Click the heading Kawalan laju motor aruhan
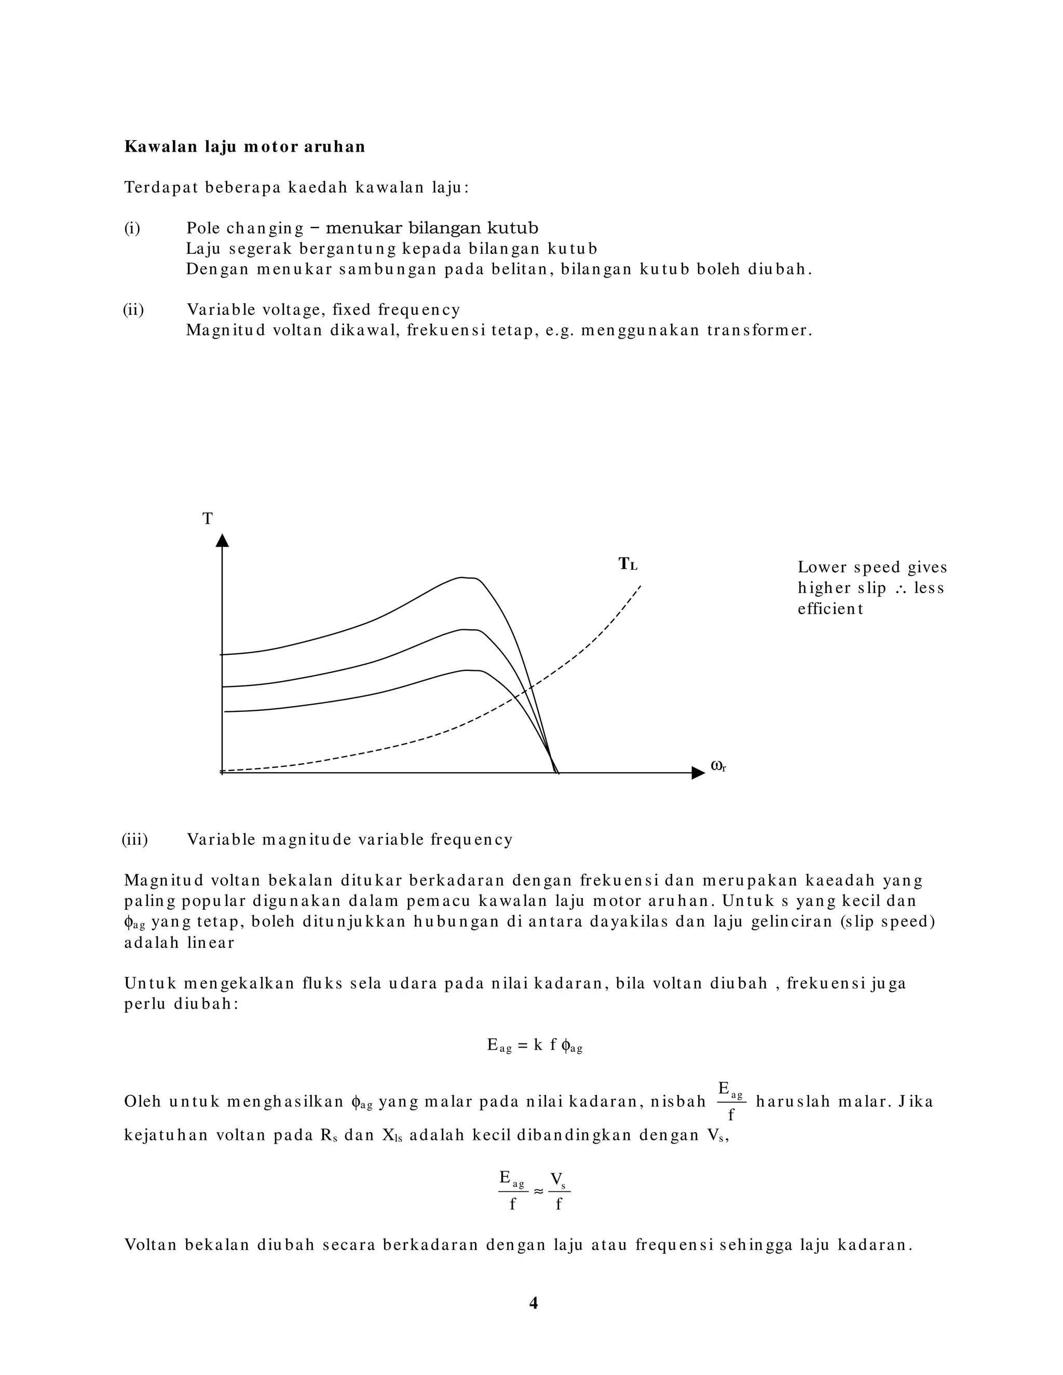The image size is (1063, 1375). pyautogui.click(x=244, y=147)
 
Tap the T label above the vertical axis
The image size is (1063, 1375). pyautogui.click(x=207, y=519)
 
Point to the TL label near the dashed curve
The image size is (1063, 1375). pyautogui.click(x=627, y=564)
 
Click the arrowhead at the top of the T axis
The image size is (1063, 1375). pyautogui.click(x=222, y=541)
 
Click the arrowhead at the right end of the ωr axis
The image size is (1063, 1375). pyautogui.click(x=698, y=773)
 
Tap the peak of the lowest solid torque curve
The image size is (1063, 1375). pyautogui.click(x=469, y=670)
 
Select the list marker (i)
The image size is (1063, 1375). pyautogui.click(x=132, y=228)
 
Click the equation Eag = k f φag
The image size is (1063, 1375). pyautogui.click(x=535, y=1046)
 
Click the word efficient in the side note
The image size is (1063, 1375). pyautogui.click(x=830, y=609)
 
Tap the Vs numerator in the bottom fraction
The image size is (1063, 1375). pyautogui.click(x=558, y=1178)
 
